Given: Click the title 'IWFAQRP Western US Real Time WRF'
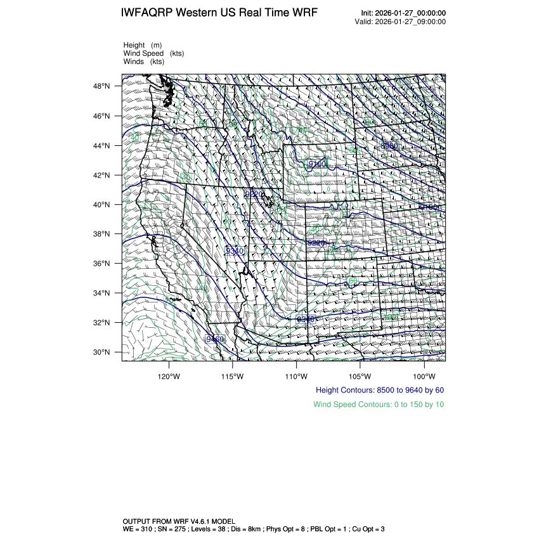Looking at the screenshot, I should tap(219, 13).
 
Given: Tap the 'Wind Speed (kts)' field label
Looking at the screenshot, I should tap(153, 54).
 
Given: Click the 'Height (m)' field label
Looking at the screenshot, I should tap(143, 46).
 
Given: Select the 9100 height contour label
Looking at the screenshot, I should tap(316, 164).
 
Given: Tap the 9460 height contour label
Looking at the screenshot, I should tap(216, 340).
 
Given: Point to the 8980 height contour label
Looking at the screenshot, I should tap(389, 146).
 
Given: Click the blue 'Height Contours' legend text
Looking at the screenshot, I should tap(379, 390).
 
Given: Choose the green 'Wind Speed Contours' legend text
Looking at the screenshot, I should tap(378, 405).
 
